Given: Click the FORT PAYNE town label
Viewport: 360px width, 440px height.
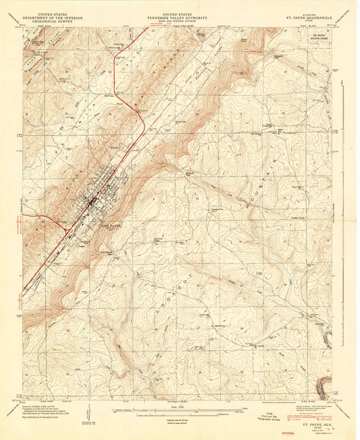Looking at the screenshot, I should tap(109, 227).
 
